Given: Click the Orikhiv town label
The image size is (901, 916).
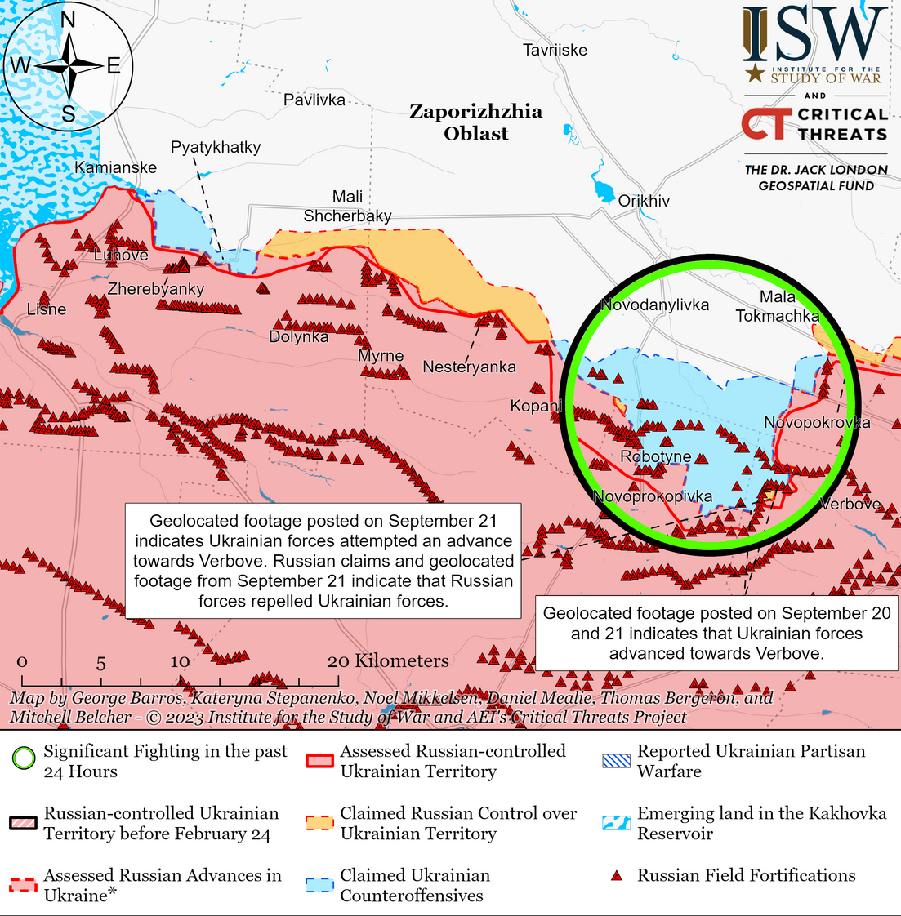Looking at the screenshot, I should (644, 201).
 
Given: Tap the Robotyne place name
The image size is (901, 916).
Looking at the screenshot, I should (655, 456).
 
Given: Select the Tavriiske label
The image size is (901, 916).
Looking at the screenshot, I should (555, 50).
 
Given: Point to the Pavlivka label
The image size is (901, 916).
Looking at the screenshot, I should (314, 100).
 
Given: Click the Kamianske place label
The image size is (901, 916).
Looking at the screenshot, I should (115, 167).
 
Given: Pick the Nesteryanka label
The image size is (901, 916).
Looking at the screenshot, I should (469, 367).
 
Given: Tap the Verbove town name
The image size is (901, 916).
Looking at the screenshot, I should (850, 504).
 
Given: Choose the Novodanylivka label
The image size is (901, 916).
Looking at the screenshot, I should (654, 305).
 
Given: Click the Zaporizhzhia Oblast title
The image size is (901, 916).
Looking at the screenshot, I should (475, 122).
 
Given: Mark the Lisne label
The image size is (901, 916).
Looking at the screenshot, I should (47, 309).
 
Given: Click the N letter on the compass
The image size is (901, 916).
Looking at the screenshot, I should (69, 20).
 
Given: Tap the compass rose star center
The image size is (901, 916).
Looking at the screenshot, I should (68, 66).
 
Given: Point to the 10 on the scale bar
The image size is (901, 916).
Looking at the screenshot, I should (180, 661).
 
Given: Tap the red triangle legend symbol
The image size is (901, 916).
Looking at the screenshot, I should (618, 876).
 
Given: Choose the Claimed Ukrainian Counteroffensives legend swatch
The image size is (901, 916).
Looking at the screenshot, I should (319, 886).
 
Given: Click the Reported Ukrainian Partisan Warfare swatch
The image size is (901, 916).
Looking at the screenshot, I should (617, 761).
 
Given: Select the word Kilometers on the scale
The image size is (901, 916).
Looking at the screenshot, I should (401, 660).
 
